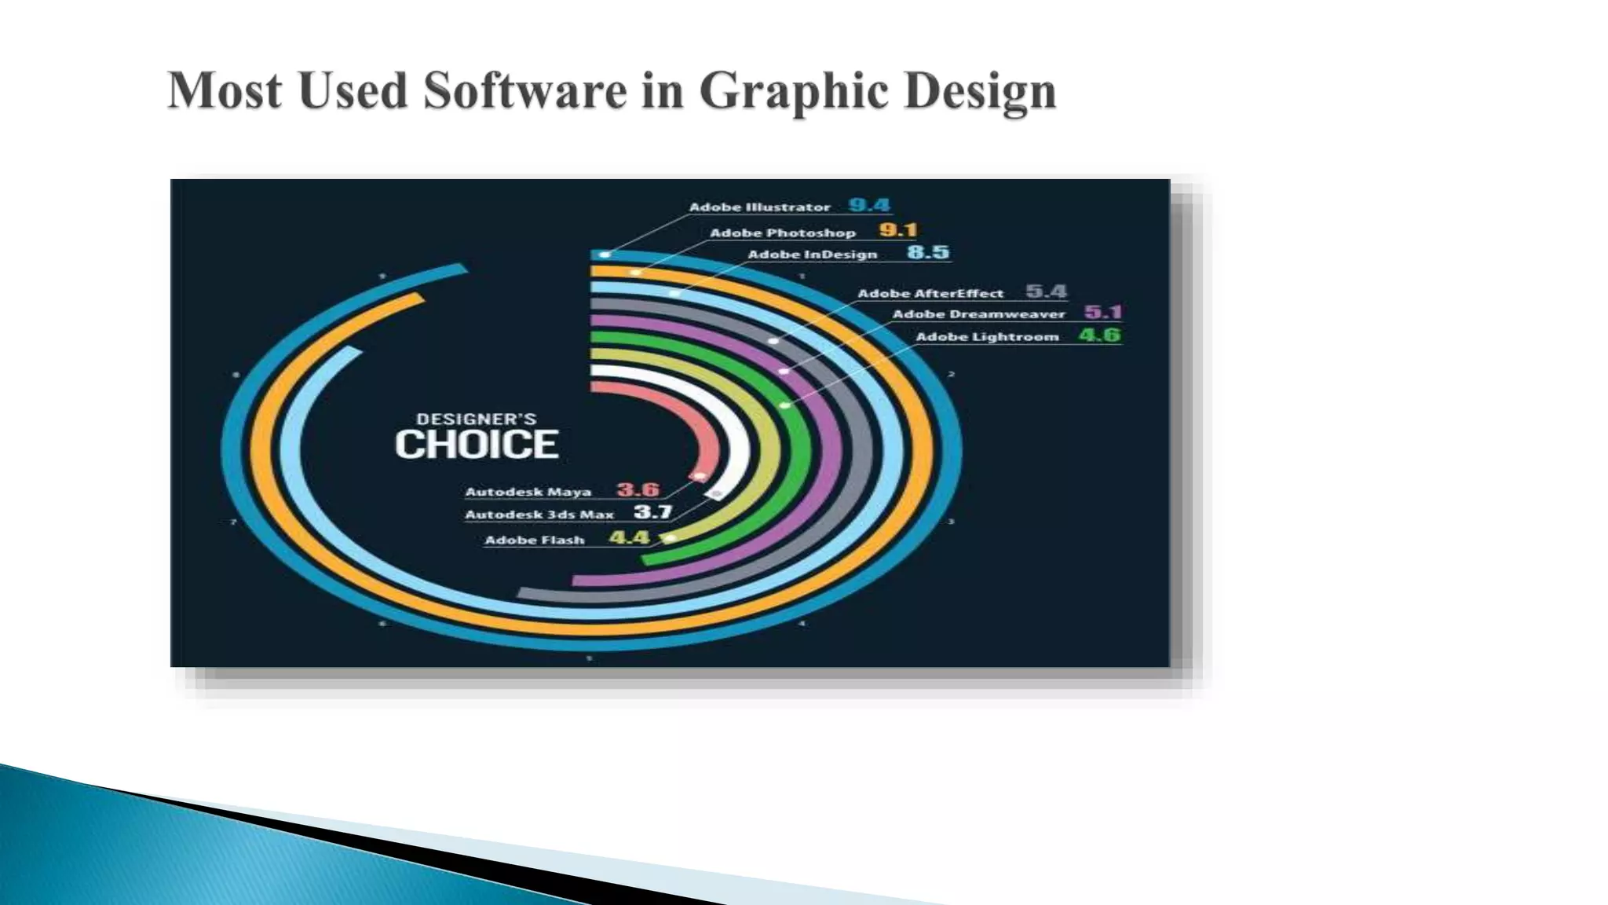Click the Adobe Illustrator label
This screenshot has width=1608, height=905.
tap(759, 207)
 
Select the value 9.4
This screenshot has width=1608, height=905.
tap(869, 206)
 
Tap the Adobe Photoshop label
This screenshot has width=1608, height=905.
tap(782, 233)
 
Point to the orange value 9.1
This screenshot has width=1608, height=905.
tap(897, 230)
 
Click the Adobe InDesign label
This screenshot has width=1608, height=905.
tap(812, 255)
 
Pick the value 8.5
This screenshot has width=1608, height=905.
tap(928, 252)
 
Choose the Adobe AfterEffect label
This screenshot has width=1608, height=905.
tap(930, 294)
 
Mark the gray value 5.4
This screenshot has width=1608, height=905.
tap(1047, 291)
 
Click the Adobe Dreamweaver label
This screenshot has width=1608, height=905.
tap(978, 314)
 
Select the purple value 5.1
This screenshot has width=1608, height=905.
tap(1103, 313)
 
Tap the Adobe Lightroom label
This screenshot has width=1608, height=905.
tap(987, 337)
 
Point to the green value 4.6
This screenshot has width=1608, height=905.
tap(1099, 335)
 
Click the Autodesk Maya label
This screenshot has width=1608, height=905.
tap(528, 492)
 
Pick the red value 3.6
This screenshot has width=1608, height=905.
tap(638, 490)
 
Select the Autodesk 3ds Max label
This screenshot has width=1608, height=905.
tap(539, 515)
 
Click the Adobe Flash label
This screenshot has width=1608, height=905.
tap(534, 540)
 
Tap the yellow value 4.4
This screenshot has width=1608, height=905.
tap(629, 538)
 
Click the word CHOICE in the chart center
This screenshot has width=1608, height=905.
tap(476, 445)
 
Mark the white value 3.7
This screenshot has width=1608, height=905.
tap(652, 513)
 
